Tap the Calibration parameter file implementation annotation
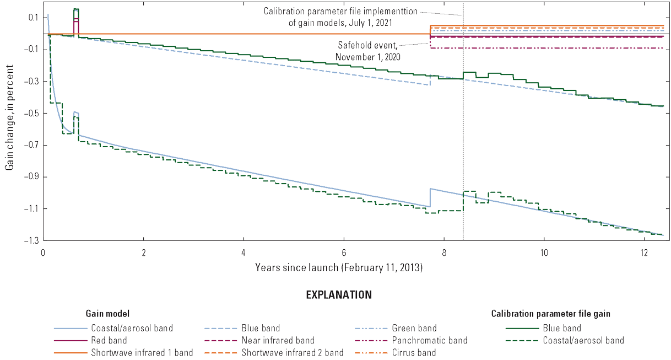[x=340, y=16]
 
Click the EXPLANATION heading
[x=339, y=295]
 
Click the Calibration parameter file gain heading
[x=550, y=314]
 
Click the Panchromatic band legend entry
[x=429, y=340]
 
